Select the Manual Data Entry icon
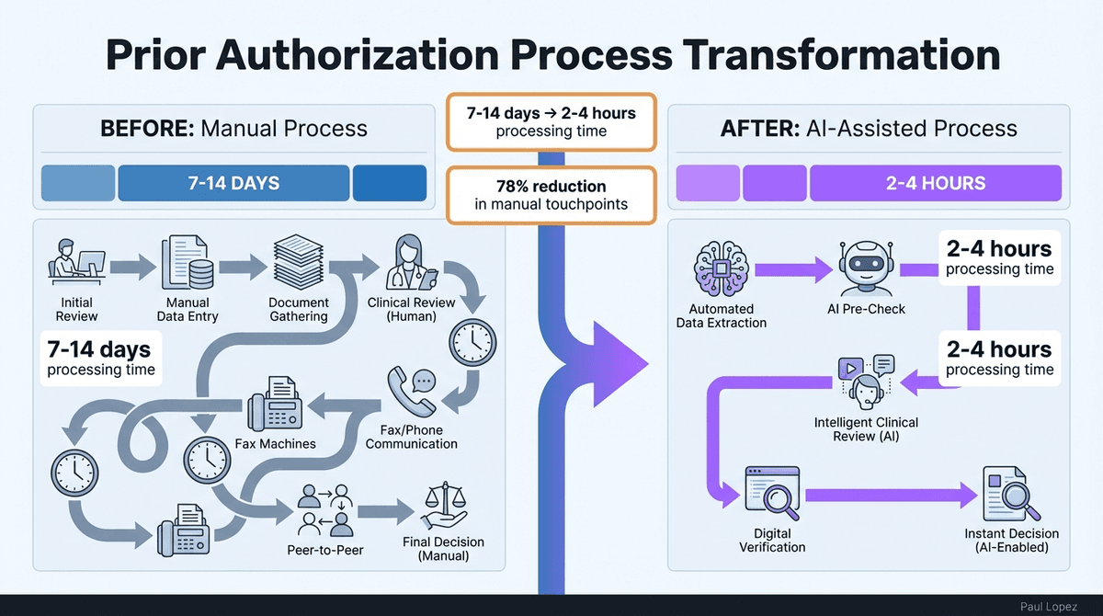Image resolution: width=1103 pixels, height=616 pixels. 188,264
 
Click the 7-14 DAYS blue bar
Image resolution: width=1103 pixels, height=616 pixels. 233,183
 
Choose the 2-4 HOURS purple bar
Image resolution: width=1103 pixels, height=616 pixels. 935,183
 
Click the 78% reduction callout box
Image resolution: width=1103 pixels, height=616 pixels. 551,195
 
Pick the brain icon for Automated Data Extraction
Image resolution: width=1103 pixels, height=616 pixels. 721,268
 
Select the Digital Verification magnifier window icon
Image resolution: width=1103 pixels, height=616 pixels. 772,495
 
